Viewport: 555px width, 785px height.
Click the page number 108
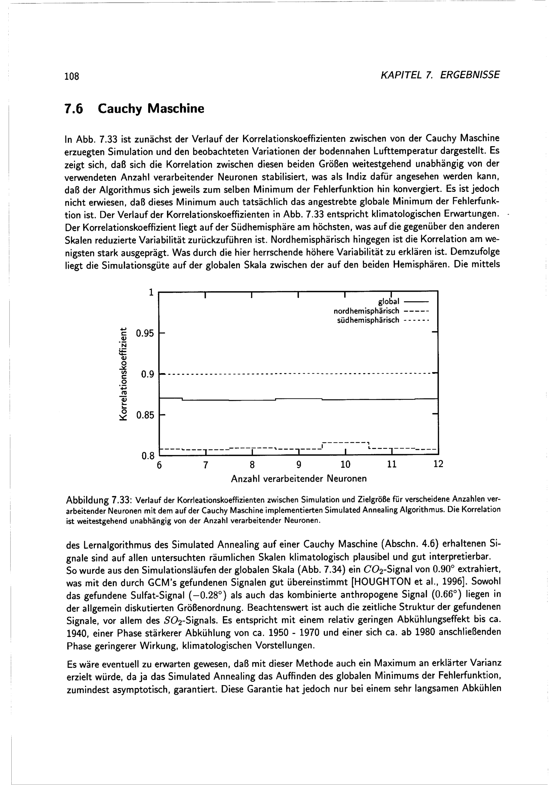click(x=72, y=76)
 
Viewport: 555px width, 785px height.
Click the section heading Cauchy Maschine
click(x=151, y=109)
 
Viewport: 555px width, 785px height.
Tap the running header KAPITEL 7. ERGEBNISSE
click(x=440, y=75)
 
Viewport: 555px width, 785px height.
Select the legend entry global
click(x=389, y=301)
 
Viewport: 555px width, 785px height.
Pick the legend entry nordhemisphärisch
click(x=366, y=311)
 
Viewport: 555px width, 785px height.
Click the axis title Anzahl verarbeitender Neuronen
click(x=299, y=479)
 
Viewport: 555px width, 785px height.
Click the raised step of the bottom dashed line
click(x=345, y=443)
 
